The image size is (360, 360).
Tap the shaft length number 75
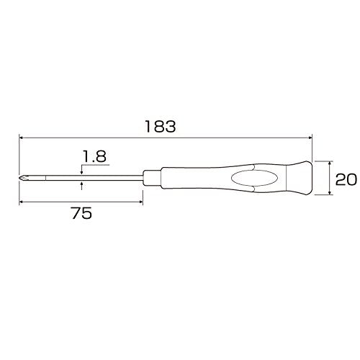[x=81, y=214]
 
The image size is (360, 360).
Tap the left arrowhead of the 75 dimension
[x=22, y=201]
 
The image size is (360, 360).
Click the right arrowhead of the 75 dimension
[x=143, y=201]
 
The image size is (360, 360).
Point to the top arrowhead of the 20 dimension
[x=330, y=163]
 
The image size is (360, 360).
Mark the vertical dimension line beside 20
[x=330, y=177]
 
